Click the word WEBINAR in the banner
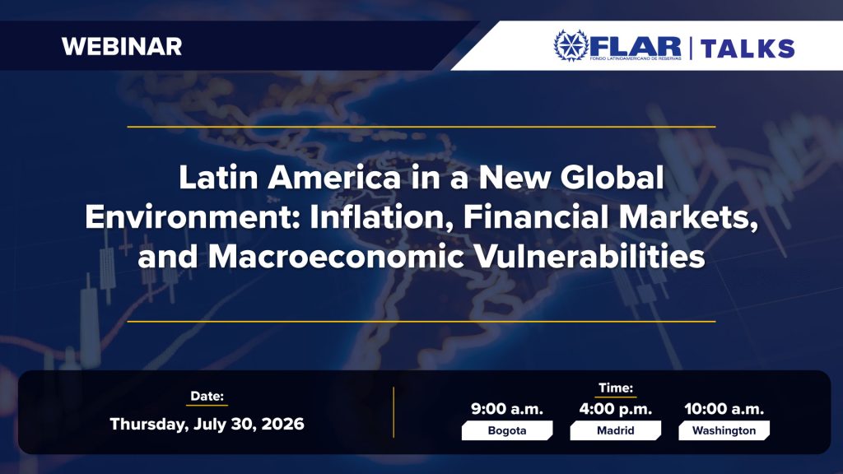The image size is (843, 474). click(x=122, y=47)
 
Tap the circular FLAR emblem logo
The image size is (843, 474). click(x=571, y=46)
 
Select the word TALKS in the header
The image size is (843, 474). click(x=748, y=49)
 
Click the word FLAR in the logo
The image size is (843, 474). click(x=636, y=46)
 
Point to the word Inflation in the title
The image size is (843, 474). click(x=382, y=216)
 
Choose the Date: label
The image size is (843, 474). click(x=207, y=397)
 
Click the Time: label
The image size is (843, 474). click(x=616, y=388)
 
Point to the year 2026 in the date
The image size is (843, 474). click(x=283, y=424)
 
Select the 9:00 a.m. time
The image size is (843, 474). click(x=507, y=409)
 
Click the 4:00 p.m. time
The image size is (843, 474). click(x=616, y=409)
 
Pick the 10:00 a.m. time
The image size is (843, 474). click(x=724, y=409)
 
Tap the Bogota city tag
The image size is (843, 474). click(x=507, y=430)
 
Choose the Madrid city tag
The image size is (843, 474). click(x=616, y=430)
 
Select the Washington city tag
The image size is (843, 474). click(x=724, y=430)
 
